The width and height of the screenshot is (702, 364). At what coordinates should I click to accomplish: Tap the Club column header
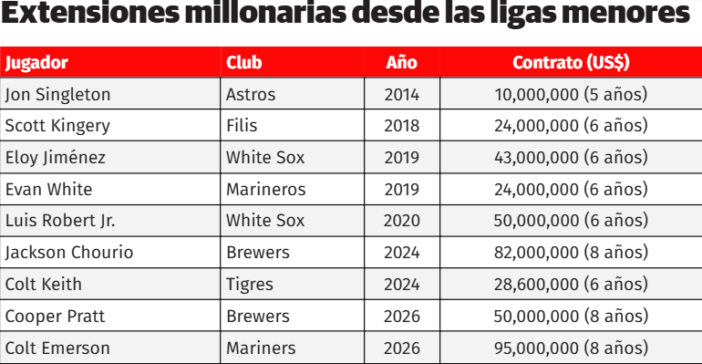click(244, 63)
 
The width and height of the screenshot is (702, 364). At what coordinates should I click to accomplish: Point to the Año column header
click(401, 63)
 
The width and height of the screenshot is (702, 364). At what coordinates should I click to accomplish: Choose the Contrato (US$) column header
click(571, 63)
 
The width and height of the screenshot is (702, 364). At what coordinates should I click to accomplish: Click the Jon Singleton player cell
click(57, 95)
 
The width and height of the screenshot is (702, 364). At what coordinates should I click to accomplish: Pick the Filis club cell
click(242, 126)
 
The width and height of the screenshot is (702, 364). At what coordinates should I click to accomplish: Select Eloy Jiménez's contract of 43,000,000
click(571, 158)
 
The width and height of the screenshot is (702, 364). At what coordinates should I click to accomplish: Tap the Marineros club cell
click(266, 190)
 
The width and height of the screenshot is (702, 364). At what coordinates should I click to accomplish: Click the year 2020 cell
click(402, 221)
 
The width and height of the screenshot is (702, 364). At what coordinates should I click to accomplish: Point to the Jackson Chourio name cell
click(69, 253)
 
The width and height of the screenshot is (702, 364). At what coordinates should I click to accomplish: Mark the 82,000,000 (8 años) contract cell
click(571, 253)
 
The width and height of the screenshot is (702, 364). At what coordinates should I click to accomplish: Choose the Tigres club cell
click(250, 285)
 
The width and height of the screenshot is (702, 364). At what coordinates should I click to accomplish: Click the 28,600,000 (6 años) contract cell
click(571, 285)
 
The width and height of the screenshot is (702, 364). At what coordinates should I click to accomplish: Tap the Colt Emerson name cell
click(57, 348)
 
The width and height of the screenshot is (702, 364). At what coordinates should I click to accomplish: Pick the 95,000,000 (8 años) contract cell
click(571, 348)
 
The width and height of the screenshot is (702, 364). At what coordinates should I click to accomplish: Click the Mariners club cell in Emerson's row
click(261, 348)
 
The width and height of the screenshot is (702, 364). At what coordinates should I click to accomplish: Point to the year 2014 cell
click(402, 95)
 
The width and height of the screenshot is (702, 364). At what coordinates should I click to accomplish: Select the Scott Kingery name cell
click(57, 126)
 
